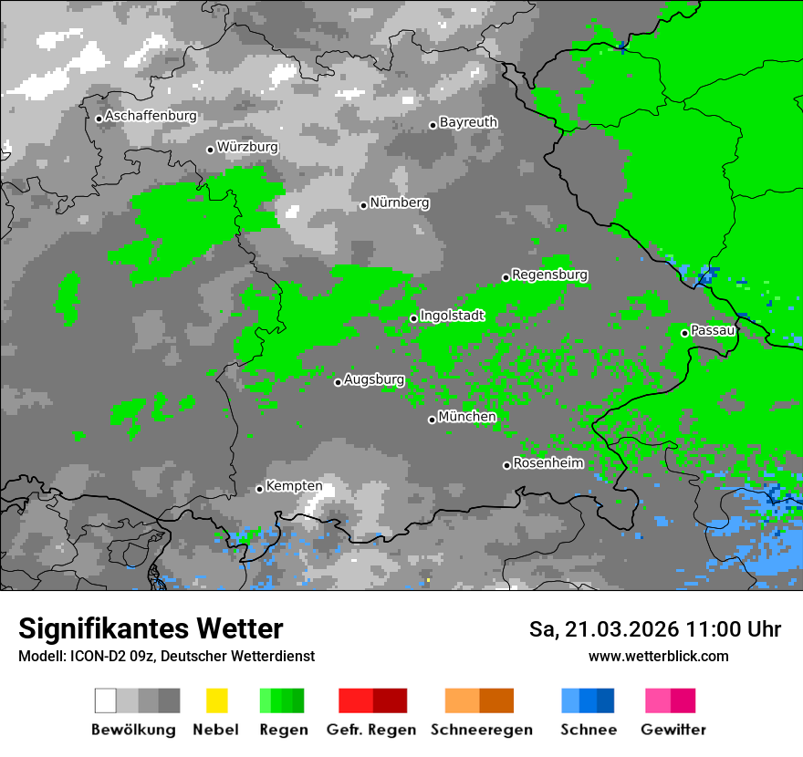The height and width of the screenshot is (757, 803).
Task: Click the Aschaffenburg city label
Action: coord(151,117)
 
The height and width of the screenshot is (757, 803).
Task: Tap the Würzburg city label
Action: coord(247,147)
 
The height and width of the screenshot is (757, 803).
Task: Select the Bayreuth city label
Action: coord(468,122)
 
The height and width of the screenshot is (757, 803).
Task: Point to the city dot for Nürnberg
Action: coord(363,205)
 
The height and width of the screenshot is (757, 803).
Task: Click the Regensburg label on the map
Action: coord(549,275)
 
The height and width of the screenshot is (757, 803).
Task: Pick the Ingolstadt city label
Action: coord(452,316)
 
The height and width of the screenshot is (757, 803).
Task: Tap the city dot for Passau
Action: coord(684,333)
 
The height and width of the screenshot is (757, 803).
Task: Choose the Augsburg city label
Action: coord(374,379)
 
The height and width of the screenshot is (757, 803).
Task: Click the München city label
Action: coord(467,417)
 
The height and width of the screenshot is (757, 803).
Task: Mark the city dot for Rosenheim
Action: coord(506,465)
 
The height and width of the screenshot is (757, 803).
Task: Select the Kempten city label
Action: coord(294,486)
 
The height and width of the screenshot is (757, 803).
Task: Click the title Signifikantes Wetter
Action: coord(151,629)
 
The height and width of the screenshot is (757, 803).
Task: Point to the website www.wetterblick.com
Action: coord(658,656)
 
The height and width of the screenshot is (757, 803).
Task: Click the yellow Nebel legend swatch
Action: coord(216,700)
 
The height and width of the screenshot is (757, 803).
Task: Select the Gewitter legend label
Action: coord(673,730)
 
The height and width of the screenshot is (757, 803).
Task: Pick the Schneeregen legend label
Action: coord(481,730)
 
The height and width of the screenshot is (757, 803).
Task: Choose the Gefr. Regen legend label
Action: coord(370,730)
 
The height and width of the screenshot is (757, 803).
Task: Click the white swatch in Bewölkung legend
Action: coord(106,700)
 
